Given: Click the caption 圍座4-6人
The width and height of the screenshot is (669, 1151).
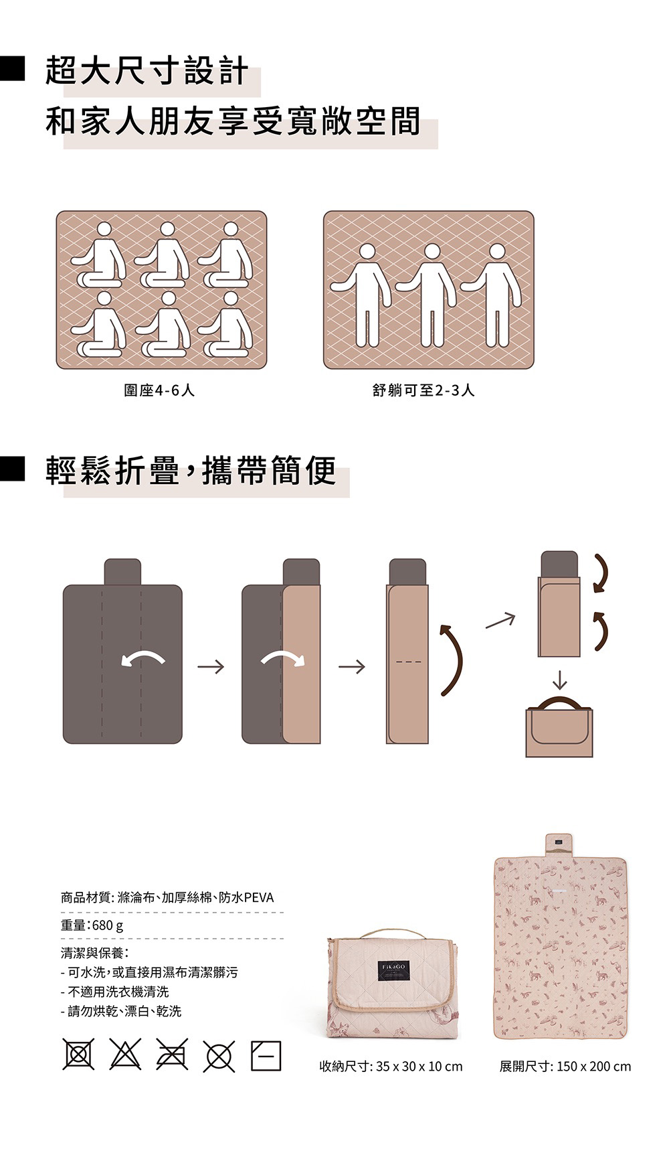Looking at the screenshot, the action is point(159,390).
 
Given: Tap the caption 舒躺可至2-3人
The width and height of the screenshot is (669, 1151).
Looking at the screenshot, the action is point(423,390).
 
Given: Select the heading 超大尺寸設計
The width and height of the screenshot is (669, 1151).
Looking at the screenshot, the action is point(147,72).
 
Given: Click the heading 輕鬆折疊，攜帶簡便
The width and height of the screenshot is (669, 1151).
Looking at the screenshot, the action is point(191,471).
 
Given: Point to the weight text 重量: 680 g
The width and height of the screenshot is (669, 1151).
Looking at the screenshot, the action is point(92,925).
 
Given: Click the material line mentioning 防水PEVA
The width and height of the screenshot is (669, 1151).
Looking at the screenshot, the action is point(167,897).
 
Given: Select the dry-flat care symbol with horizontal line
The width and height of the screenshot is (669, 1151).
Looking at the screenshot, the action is point(266,1056).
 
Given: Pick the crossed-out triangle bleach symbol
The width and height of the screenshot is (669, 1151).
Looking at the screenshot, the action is point(125,1056).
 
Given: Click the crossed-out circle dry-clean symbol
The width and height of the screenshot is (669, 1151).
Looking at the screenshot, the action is point(219,1057).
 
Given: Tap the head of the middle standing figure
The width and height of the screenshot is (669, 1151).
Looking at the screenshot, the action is point(432,251).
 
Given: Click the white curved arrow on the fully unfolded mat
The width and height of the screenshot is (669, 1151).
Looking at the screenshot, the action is point(144,658).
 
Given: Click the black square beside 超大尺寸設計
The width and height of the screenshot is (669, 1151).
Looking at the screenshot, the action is point(12,70).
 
